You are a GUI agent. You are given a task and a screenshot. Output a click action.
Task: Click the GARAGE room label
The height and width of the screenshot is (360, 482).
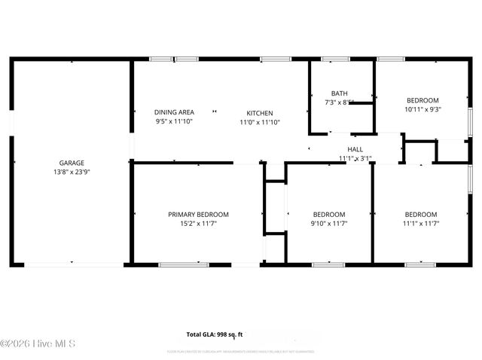tap(72, 163)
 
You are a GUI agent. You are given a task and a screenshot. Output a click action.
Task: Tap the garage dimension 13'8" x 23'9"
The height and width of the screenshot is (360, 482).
tap(72, 172)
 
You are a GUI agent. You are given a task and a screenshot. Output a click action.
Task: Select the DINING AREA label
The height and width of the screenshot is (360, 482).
tap(174, 112)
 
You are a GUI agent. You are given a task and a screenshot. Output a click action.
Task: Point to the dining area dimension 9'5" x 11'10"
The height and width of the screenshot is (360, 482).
tap(174, 121)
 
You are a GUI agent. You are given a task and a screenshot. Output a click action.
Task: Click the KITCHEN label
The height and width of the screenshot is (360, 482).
tap(260, 113)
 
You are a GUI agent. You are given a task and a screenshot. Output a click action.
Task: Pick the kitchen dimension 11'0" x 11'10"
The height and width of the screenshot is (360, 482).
tap(260, 122)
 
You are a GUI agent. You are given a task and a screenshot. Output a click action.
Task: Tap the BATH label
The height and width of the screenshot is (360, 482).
tap(339, 93)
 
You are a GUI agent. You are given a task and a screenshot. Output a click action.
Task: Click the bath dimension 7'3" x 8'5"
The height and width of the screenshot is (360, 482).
tap(339, 102)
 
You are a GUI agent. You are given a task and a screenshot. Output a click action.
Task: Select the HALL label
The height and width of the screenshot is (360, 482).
tap(355, 150)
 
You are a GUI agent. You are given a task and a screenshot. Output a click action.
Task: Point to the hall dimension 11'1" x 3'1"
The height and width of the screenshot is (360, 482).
tap(355, 159)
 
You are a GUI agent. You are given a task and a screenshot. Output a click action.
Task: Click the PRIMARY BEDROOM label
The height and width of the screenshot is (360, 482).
tap(198, 215)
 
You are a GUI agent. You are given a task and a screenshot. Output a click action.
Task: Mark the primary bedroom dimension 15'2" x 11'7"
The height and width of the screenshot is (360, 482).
tap(198, 224)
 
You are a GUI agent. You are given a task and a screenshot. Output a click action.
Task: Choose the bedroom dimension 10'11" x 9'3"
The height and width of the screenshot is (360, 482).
tap(422, 109)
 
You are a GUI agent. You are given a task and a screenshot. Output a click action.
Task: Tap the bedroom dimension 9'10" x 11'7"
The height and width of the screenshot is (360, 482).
tap(329, 224)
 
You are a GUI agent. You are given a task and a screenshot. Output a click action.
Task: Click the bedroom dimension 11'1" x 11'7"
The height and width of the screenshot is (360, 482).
tap(420, 224)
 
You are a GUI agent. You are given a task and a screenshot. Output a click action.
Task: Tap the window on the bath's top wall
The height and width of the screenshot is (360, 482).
tap(330, 59)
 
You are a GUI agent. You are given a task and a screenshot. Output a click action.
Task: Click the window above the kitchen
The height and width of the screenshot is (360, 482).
tap(276, 59)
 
